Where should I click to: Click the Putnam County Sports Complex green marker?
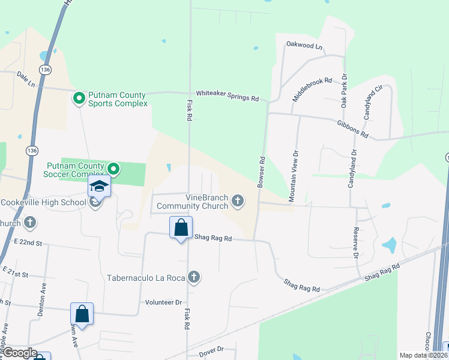click(79, 98)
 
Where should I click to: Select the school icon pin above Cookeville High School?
click(100, 186)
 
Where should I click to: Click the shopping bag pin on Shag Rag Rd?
click(181, 227)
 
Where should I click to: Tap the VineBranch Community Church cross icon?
click(238, 200)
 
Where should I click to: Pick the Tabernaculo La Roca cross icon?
click(193, 277)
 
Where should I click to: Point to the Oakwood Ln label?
click(304, 46)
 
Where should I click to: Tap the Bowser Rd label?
click(261, 173)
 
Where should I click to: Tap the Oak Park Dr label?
click(345, 91)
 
